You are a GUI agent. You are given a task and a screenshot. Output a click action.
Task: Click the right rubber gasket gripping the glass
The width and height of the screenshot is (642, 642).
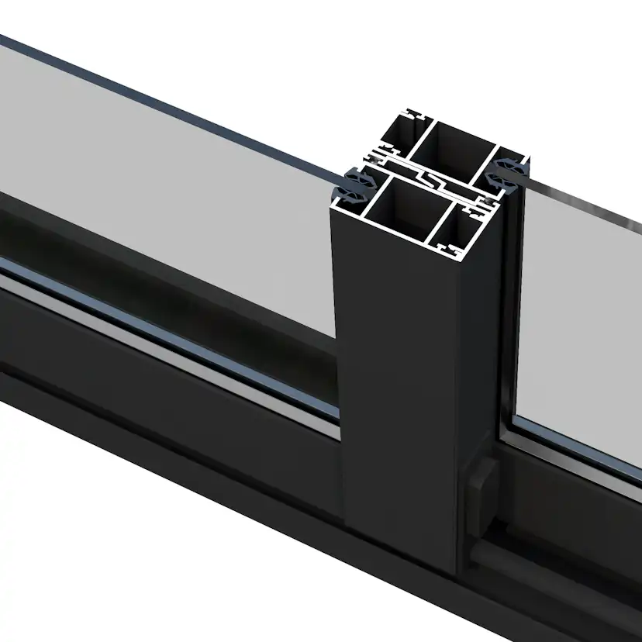pos(509,170)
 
